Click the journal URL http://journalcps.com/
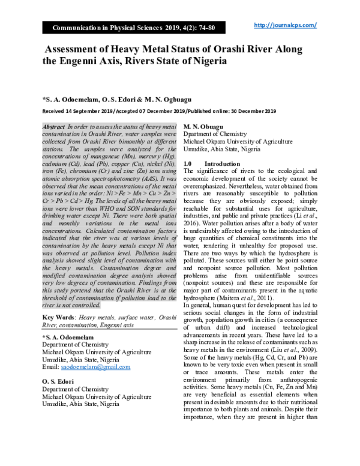pos(285,25)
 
